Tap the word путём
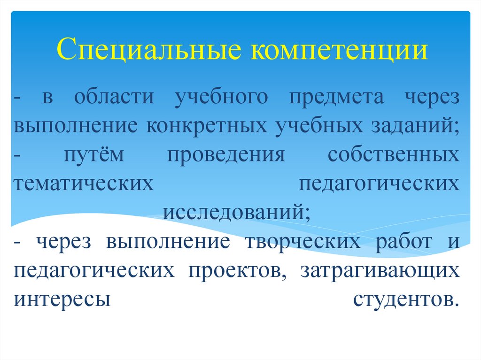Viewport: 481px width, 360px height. point(94,155)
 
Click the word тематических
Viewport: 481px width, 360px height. point(84,183)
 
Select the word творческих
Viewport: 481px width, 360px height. point(303,243)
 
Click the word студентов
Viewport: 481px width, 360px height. point(405,299)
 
